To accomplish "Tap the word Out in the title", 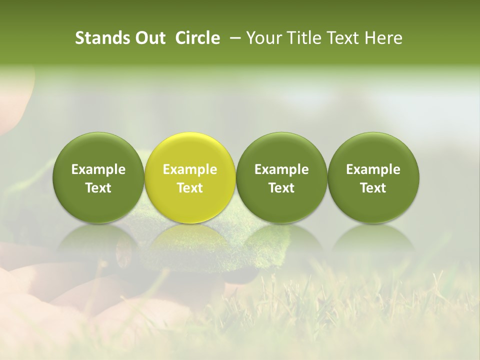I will tap(148, 38).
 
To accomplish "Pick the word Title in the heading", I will tap(302, 38).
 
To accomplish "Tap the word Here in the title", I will tap(383, 38).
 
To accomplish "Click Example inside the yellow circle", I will tap(190, 170).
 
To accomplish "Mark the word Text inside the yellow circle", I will tap(190, 188).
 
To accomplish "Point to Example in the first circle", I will tap(98, 170).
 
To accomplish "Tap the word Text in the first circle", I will tap(98, 188).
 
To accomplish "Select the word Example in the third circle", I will tap(281, 170).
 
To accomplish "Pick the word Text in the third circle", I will tap(281, 188).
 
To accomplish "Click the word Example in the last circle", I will tap(373, 170).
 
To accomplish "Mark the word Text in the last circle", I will tap(373, 188).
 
